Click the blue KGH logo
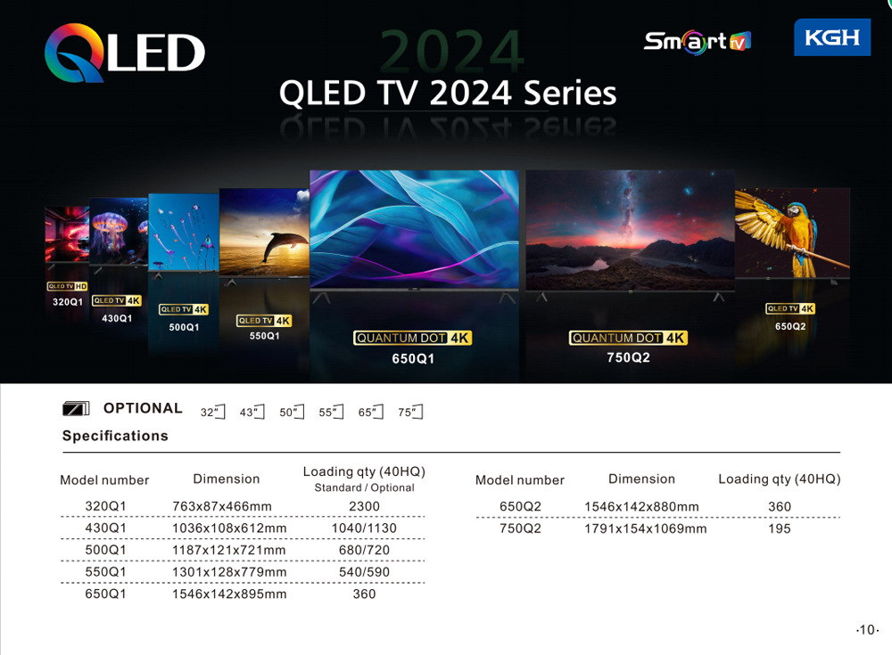click(x=831, y=37)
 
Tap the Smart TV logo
click(x=697, y=42)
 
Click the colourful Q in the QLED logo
click(x=75, y=53)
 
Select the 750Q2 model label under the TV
click(x=628, y=357)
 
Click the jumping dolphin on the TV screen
click(x=284, y=245)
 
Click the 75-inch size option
click(x=410, y=412)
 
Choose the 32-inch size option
click(x=213, y=412)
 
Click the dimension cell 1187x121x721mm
click(x=228, y=550)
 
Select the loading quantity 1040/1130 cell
click(x=364, y=528)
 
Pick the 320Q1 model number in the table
click(x=105, y=506)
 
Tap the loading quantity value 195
click(x=780, y=528)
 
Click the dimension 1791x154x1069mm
click(x=645, y=528)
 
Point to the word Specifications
click(x=115, y=436)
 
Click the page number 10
click(x=868, y=629)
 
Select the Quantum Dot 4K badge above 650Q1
click(x=412, y=338)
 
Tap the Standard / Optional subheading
click(x=364, y=487)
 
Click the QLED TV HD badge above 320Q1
click(x=67, y=286)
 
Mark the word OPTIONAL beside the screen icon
click(x=143, y=408)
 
